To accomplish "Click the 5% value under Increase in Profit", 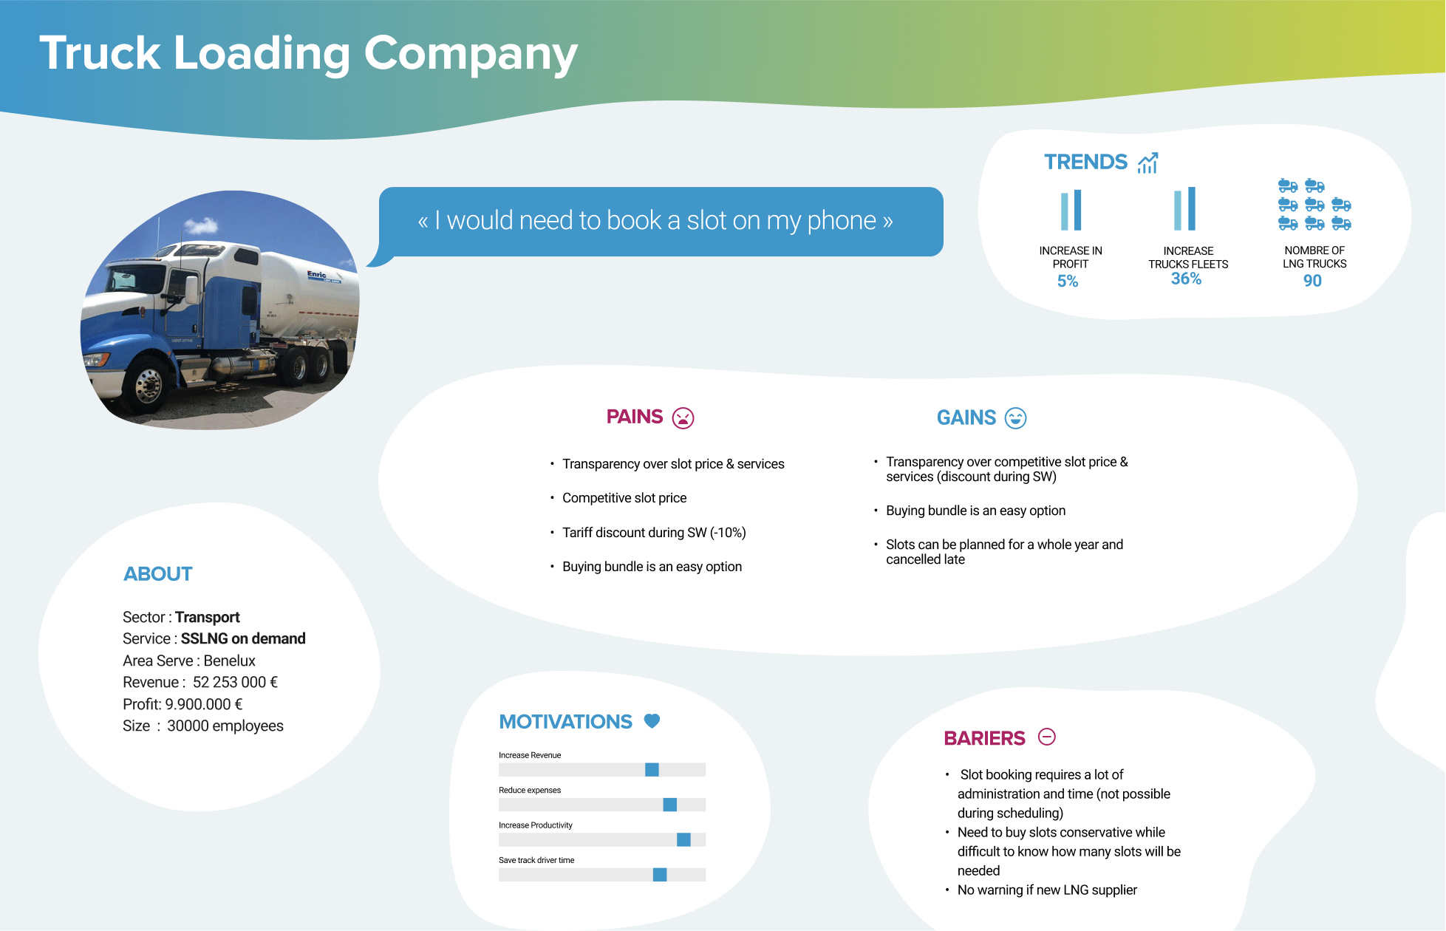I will (1068, 282).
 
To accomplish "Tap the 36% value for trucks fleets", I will (1186, 279).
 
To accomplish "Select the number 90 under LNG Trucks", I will (1312, 281).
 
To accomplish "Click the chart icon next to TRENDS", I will (1147, 163).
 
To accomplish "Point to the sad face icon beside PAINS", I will (683, 418).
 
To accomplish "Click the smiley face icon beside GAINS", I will (1016, 418).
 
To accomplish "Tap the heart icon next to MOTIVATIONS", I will (652, 721).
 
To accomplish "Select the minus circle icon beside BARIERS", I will (1047, 737).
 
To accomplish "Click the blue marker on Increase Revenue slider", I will (652, 770).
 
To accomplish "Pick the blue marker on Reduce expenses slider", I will (670, 805).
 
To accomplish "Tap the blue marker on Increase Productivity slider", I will (683, 839).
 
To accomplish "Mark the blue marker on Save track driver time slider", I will (660, 875).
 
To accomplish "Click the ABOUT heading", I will (158, 574).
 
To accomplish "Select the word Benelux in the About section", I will (229, 661).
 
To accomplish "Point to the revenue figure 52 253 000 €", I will (235, 682).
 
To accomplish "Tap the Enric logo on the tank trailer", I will (318, 275).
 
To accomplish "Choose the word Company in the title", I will (471, 54).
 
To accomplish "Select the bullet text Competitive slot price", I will (624, 498).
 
